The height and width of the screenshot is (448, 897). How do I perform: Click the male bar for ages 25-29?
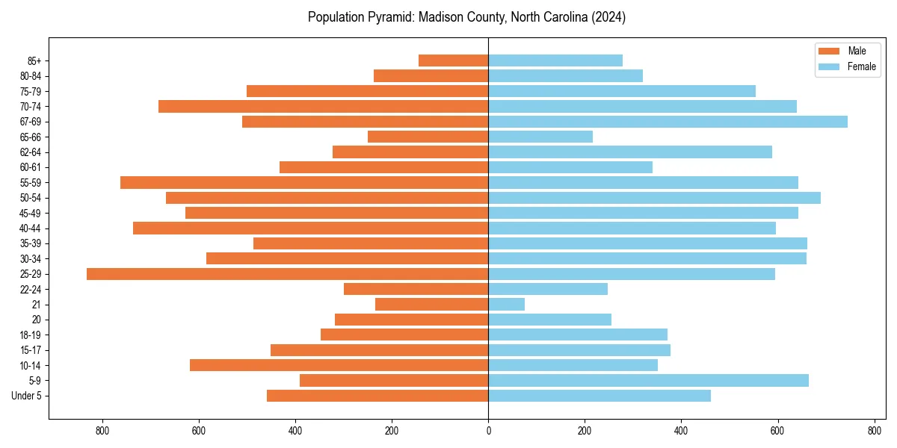[x=288, y=274]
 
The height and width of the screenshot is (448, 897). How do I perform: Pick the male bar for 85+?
[x=453, y=60]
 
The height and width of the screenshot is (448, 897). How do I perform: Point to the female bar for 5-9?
[x=648, y=380]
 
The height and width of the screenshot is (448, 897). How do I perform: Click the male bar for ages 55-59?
[x=304, y=182]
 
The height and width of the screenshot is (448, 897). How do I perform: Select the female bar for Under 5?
[x=599, y=396]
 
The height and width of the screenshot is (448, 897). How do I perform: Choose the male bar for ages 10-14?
[x=339, y=365]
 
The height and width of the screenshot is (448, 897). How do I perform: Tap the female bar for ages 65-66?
[x=540, y=137]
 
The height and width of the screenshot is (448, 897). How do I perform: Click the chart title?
[x=466, y=17]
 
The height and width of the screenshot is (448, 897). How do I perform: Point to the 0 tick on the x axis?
[x=488, y=431]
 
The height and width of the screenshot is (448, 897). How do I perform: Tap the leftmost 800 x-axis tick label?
[x=102, y=431]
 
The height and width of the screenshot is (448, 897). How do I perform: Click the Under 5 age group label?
[x=27, y=396]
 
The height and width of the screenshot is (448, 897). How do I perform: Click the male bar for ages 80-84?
[x=431, y=75]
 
